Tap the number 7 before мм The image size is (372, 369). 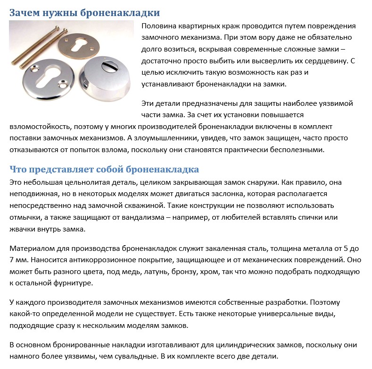click(12, 260)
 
